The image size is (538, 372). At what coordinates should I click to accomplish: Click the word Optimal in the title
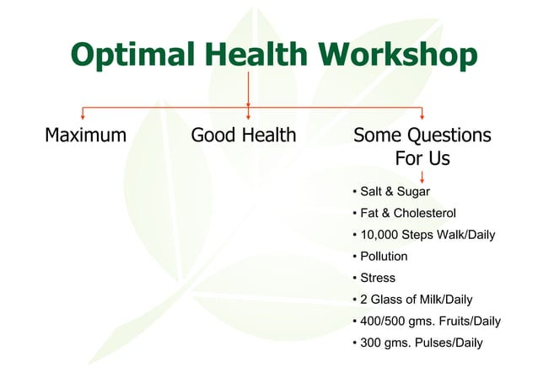point(133,55)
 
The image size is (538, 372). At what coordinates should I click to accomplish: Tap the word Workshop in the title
point(398,54)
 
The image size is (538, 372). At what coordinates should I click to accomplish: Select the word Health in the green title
point(256,54)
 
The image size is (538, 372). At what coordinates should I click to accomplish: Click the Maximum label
point(86,135)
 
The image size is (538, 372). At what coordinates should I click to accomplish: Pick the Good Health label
point(244,135)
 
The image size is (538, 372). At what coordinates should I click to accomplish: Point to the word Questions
point(449,136)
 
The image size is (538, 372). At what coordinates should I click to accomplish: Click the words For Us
point(422,158)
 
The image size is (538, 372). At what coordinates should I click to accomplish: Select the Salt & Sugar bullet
point(395,192)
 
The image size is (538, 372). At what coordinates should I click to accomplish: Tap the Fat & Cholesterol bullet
point(408,213)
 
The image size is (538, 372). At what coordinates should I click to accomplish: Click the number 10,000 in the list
point(379,235)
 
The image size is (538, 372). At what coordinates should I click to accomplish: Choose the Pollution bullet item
point(384,257)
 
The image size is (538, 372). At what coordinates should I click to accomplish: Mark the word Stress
point(378,278)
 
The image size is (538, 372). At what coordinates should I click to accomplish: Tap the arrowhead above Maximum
point(83,118)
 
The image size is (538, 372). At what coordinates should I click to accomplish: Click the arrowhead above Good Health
point(249,118)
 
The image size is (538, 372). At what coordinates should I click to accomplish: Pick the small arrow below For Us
point(422,177)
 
